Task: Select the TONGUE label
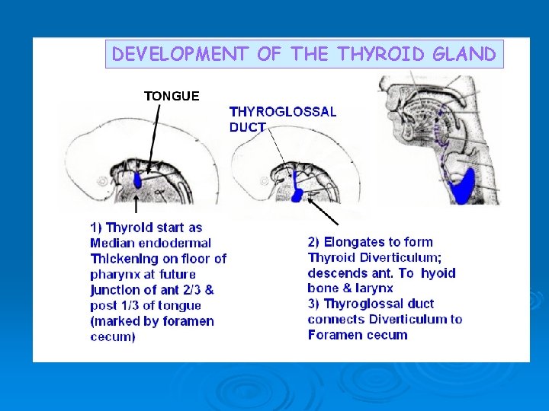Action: (x=172, y=96)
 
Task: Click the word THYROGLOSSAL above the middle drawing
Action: (x=282, y=111)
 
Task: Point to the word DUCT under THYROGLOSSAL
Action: (x=247, y=127)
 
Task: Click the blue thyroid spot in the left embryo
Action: (x=137, y=181)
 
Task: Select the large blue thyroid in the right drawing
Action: (x=463, y=185)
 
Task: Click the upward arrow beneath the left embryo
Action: (x=136, y=203)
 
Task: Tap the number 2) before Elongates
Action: (x=314, y=242)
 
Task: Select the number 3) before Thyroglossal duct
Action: (x=313, y=304)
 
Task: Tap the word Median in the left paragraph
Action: (x=111, y=243)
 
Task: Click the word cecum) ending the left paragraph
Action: (x=113, y=336)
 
